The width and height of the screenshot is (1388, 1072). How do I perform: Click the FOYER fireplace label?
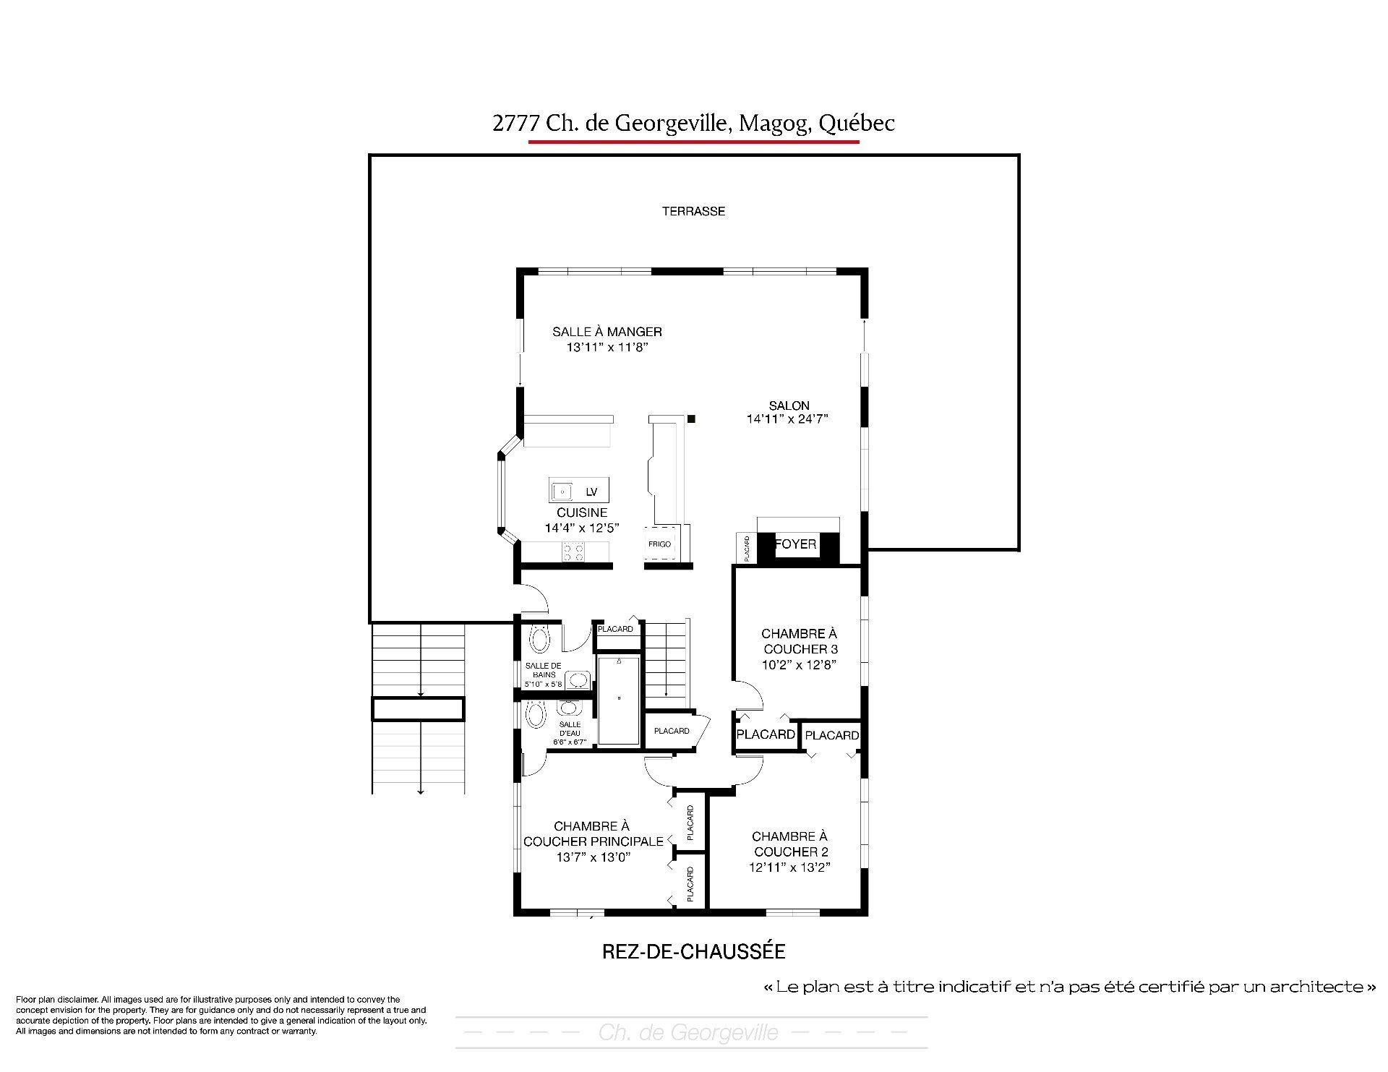tap(795, 544)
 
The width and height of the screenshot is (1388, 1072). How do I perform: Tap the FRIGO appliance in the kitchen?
tap(659, 544)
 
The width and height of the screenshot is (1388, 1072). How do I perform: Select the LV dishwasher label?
tap(591, 492)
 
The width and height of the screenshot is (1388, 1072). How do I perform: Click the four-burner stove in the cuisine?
tap(574, 552)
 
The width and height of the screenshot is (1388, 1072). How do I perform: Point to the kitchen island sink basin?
tap(561, 492)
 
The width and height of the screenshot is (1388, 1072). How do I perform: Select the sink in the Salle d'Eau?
tap(568, 707)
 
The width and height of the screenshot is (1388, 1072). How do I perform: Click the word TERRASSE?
tap(693, 211)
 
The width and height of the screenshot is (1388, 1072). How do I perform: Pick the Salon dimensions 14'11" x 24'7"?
tap(787, 419)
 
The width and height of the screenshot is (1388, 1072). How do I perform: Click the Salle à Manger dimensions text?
tap(607, 347)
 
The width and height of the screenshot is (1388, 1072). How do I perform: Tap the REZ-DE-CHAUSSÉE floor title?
tap(693, 951)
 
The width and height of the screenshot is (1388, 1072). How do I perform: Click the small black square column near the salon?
tap(691, 419)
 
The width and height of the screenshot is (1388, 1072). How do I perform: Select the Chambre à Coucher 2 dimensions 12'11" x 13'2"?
tap(789, 867)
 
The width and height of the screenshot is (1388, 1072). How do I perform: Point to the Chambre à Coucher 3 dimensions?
tap(799, 664)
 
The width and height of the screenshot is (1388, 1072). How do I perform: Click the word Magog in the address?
tap(775, 124)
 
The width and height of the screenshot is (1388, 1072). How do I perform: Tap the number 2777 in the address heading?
tap(516, 124)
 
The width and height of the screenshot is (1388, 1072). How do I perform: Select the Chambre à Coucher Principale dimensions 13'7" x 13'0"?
tap(594, 857)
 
